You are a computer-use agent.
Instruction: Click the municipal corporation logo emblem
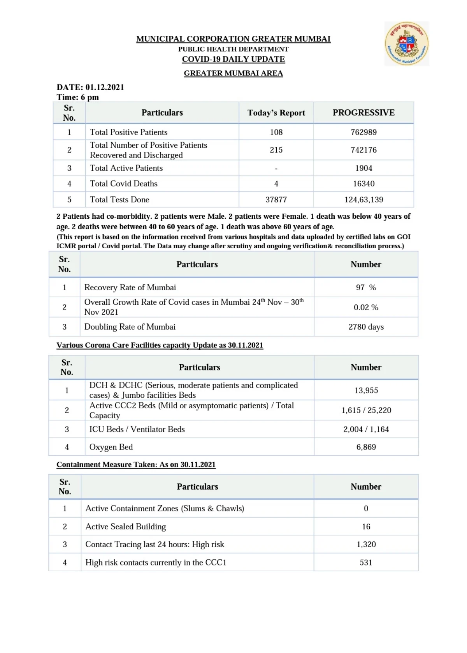(407, 44)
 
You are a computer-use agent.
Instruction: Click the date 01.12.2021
(105, 87)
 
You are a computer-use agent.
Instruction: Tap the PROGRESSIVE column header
(363, 113)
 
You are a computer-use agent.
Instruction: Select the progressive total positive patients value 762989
(363, 132)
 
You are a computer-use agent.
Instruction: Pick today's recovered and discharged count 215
(276, 150)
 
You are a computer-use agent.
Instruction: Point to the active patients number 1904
(363, 168)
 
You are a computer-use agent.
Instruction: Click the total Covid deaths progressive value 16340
(363, 184)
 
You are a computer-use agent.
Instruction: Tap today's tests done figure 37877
(276, 200)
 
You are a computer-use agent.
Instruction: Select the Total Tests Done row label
(119, 200)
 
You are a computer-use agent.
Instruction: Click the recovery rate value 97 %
(366, 288)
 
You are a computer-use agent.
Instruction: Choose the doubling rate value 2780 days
(366, 327)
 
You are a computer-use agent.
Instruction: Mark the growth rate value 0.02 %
(366, 307)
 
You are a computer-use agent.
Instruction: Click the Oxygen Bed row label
(111, 447)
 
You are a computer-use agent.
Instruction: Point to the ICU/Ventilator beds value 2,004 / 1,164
(366, 429)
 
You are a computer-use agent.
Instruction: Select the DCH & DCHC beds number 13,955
(366, 390)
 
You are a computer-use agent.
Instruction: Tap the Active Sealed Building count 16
(366, 527)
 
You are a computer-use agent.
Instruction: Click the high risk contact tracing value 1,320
(366, 544)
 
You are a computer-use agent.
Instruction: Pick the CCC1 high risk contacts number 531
(366, 562)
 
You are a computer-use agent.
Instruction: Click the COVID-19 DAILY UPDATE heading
(233, 59)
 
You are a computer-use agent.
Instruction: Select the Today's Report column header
(276, 113)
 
